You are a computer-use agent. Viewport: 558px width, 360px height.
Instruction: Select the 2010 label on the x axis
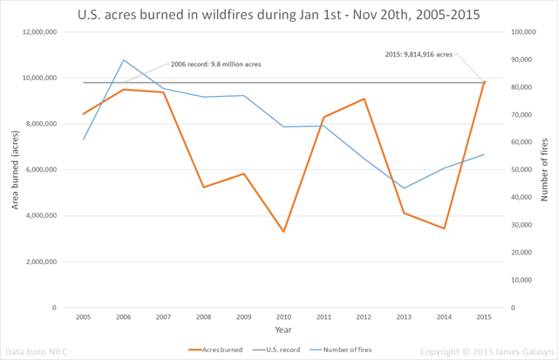point(283,316)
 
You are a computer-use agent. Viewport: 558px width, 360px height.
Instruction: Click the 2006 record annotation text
point(214,65)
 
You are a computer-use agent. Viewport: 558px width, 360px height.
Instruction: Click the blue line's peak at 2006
point(123,59)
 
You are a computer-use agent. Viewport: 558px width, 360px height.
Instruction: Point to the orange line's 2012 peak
point(364,98)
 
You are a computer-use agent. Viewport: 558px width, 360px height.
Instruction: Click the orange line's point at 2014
point(444,228)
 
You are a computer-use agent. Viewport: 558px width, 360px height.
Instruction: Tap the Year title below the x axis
point(283,330)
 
